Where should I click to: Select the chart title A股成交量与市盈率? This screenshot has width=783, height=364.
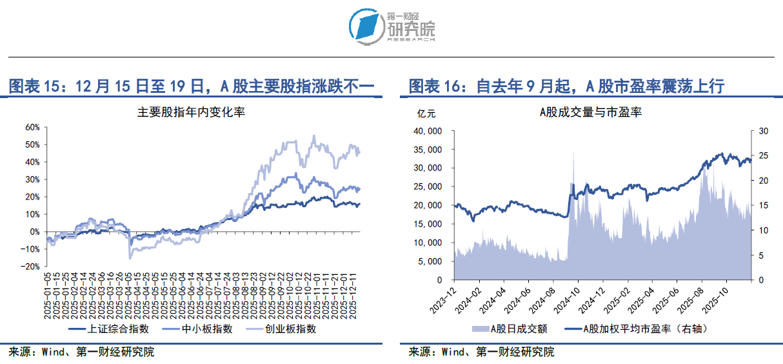click(x=590, y=112)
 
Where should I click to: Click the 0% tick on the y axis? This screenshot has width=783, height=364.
click(x=34, y=232)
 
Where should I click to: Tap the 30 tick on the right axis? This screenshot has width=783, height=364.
click(x=763, y=131)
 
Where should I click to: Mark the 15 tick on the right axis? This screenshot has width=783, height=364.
click(x=763, y=206)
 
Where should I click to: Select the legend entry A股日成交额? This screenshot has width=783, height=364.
click(x=510, y=329)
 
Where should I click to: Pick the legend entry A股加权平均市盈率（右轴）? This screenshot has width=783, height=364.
click(x=636, y=329)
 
